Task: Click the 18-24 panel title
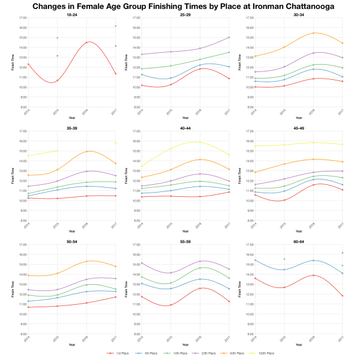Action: tap(71, 14)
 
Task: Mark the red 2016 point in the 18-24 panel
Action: tap(86, 43)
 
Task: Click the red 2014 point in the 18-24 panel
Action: tap(28, 64)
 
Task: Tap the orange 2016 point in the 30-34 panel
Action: tap(313, 33)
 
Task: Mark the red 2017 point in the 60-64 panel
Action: tap(342, 296)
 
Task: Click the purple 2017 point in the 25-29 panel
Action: tap(229, 37)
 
